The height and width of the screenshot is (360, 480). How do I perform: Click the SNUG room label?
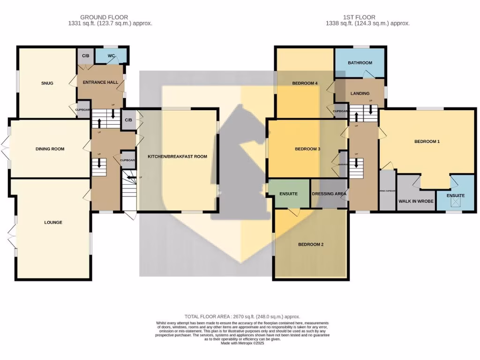47,83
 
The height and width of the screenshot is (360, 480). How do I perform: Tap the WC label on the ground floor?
111,56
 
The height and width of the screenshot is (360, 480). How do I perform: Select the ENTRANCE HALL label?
100,82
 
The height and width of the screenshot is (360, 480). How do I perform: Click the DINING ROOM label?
50,149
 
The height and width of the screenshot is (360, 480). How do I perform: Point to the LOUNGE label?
53,223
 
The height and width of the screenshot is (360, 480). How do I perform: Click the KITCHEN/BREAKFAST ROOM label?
177,157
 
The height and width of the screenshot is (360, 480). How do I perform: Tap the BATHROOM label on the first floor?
360,63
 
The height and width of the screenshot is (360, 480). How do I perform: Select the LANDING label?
360,93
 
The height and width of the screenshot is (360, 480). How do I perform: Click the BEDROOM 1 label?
427,141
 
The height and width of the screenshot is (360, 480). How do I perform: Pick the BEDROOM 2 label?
311,245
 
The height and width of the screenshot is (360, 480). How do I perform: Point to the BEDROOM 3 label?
307,149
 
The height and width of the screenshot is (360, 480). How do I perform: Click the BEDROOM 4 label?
305,83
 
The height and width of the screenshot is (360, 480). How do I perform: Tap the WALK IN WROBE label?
416,201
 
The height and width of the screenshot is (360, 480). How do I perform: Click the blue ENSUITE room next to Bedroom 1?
455,195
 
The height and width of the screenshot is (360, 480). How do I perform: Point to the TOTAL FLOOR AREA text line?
242,317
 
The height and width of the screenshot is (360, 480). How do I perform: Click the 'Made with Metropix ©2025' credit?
242,343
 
